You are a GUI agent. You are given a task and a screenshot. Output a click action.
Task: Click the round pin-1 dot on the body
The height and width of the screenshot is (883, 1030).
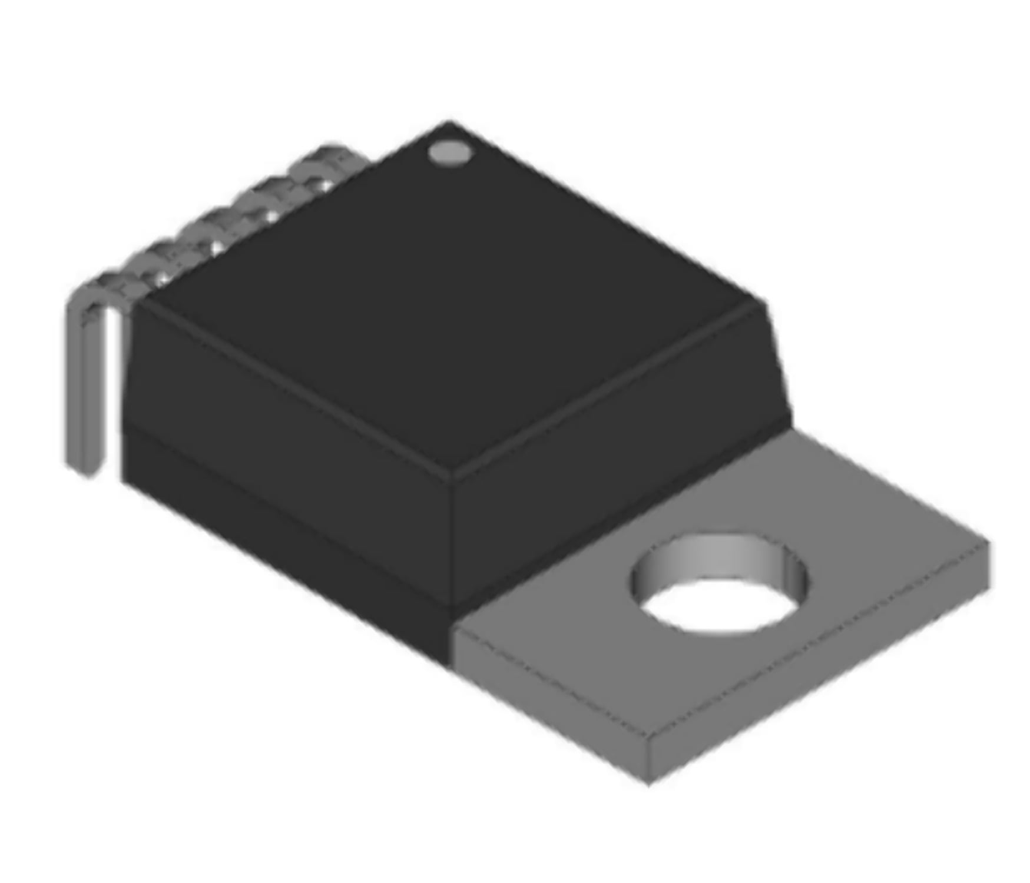(x=450, y=153)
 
